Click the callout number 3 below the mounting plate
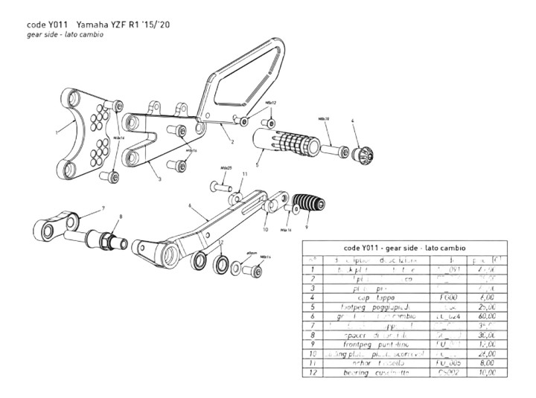159,179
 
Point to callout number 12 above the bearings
221,243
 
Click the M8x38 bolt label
324,118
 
